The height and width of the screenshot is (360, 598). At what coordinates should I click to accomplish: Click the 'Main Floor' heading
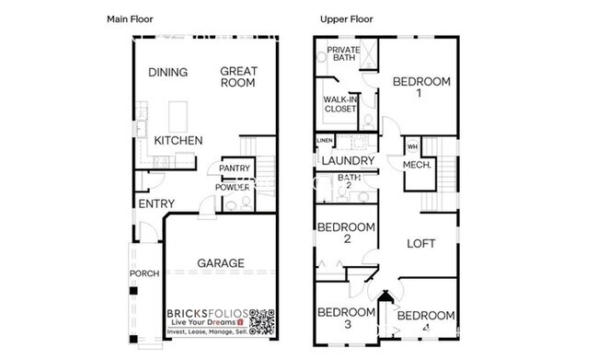click(x=131, y=18)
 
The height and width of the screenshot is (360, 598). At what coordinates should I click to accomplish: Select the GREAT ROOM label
click(x=238, y=77)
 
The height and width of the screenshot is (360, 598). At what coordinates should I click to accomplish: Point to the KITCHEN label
click(x=178, y=140)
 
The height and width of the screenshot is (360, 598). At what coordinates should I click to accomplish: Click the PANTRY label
click(x=235, y=168)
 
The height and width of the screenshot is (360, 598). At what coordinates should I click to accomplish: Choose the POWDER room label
click(x=233, y=187)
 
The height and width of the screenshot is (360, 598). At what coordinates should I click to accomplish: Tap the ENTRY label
click(x=156, y=203)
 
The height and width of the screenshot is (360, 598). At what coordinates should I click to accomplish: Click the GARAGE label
click(x=221, y=263)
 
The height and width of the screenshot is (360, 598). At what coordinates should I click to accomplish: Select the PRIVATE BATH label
click(x=343, y=54)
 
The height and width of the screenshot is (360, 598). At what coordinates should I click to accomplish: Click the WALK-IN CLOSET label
click(x=339, y=104)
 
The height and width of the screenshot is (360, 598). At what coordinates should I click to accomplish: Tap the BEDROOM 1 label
click(x=421, y=87)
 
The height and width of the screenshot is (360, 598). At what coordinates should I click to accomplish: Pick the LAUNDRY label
click(x=348, y=161)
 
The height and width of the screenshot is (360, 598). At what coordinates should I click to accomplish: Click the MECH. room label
click(x=418, y=165)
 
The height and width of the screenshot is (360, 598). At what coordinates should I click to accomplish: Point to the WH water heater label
click(x=412, y=146)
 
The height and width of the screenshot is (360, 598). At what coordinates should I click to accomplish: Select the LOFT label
click(x=421, y=244)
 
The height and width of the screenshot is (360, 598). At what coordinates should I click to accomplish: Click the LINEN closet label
click(x=325, y=141)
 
